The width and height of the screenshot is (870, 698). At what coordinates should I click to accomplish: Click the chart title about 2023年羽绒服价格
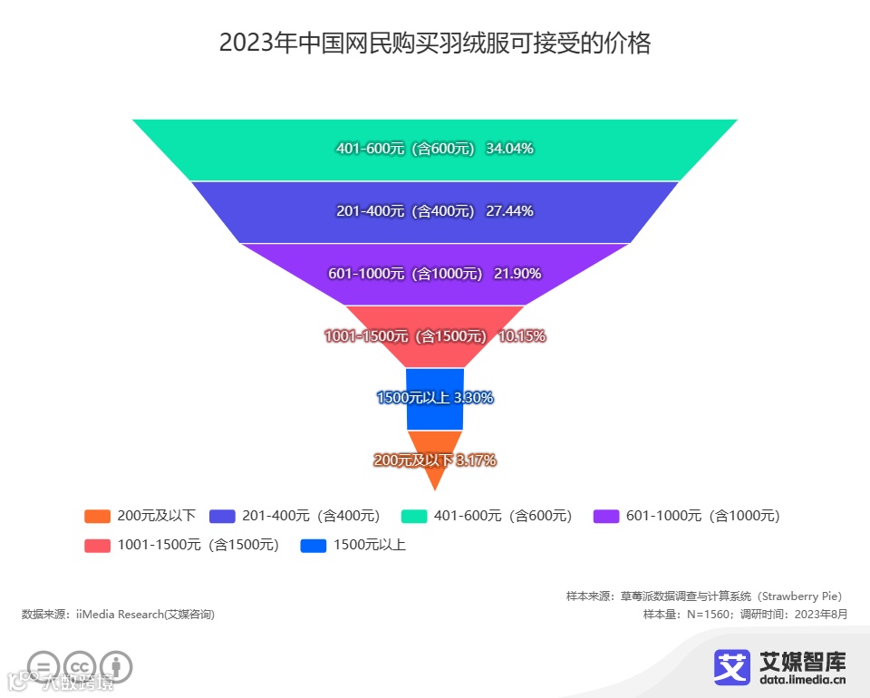click(435, 44)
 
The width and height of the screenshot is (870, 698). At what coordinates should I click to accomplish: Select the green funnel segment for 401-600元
click(435, 150)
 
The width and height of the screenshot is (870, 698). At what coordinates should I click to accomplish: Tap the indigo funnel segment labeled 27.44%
click(435, 211)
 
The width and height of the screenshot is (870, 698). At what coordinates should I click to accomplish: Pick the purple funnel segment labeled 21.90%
click(435, 274)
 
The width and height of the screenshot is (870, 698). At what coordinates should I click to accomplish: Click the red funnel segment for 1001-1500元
click(435, 336)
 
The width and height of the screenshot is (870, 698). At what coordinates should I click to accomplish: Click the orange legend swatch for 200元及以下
click(97, 517)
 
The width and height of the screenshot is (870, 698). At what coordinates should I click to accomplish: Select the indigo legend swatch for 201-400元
click(222, 517)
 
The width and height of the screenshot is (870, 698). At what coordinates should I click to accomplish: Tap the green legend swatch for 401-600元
click(414, 517)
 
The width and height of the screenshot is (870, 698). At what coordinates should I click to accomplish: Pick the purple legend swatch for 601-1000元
click(606, 517)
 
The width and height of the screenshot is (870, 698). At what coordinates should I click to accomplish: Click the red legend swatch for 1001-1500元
click(97, 546)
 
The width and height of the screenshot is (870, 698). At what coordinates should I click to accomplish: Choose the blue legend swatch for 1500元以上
click(314, 546)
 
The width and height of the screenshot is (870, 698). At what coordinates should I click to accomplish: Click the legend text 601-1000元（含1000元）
click(702, 517)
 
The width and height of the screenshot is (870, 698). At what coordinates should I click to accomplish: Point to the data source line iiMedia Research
click(118, 615)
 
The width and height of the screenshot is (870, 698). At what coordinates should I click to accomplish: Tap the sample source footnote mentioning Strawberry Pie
click(704, 596)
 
